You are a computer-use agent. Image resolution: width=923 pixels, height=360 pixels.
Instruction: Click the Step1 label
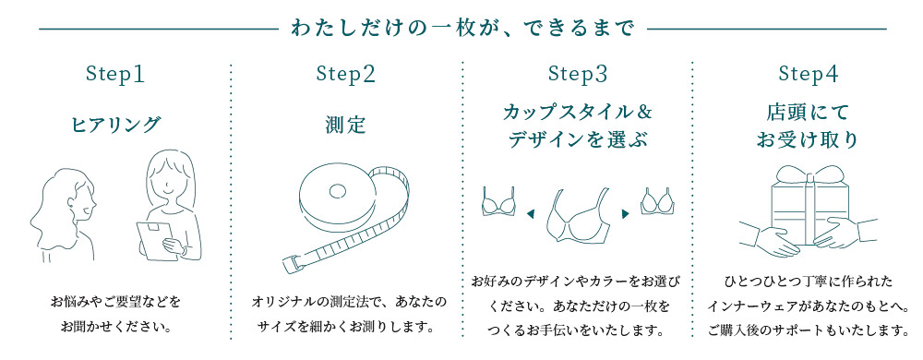point(115,74)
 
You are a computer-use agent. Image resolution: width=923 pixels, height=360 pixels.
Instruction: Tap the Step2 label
point(346,74)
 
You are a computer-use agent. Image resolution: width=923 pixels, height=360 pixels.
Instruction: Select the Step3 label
point(577,74)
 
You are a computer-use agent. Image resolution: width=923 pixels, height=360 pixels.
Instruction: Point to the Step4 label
point(808,74)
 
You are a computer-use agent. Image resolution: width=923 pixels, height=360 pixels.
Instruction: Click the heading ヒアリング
point(115,125)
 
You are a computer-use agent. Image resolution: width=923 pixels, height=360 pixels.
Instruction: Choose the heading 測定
point(346,125)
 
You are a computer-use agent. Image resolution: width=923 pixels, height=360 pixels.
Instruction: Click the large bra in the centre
point(577,218)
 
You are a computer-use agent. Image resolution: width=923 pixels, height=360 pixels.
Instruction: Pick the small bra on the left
point(498,201)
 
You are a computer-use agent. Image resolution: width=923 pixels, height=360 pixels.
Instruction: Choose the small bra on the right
point(656,201)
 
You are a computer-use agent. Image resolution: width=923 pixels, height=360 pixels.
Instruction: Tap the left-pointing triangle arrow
point(531,214)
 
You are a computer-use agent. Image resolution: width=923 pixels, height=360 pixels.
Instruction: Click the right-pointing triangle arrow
point(625,214)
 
